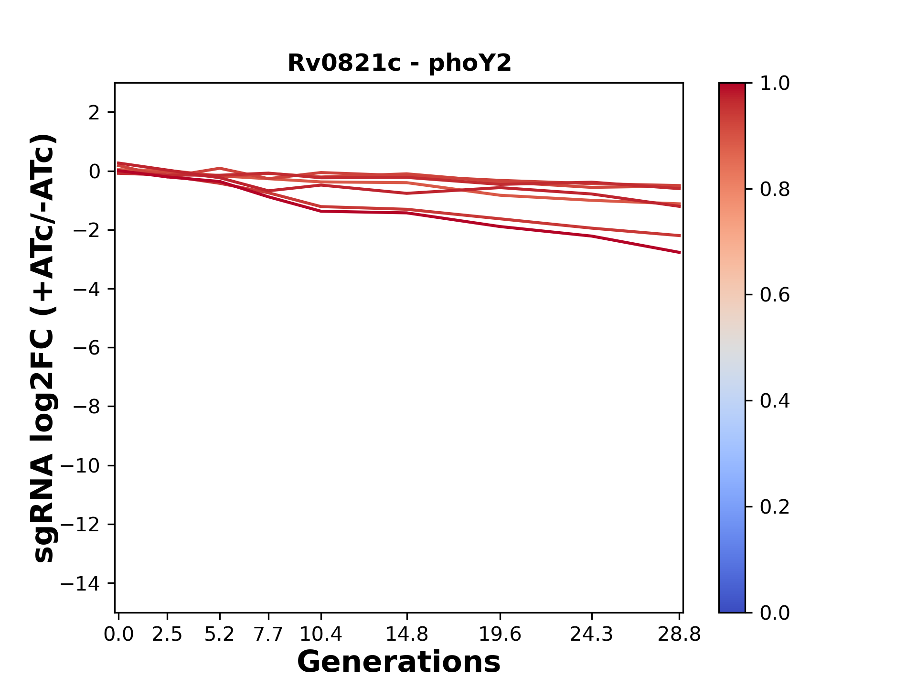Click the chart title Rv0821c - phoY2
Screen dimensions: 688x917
click(399, 63)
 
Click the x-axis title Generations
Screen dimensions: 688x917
click(399, 662)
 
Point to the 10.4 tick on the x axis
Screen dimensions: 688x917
click(320, 634)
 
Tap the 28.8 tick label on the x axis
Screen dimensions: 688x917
click(679, 634)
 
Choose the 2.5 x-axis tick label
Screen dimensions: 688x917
click(167, 634)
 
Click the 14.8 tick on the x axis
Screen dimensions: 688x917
click(406, 634)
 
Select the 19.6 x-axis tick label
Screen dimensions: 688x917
click(500, 634)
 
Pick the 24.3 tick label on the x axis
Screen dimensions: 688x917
click(592, 634)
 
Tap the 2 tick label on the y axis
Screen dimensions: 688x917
click(94, 113)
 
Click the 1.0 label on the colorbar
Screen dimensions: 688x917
click(775, 84)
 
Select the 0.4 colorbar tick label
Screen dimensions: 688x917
click(775, 401)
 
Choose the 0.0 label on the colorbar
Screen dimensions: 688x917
click(775, 613)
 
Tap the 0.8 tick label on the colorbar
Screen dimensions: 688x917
click(775, 190)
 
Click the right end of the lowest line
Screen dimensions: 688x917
click(679, 252)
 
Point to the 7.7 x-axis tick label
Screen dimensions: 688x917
click(268, 634)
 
